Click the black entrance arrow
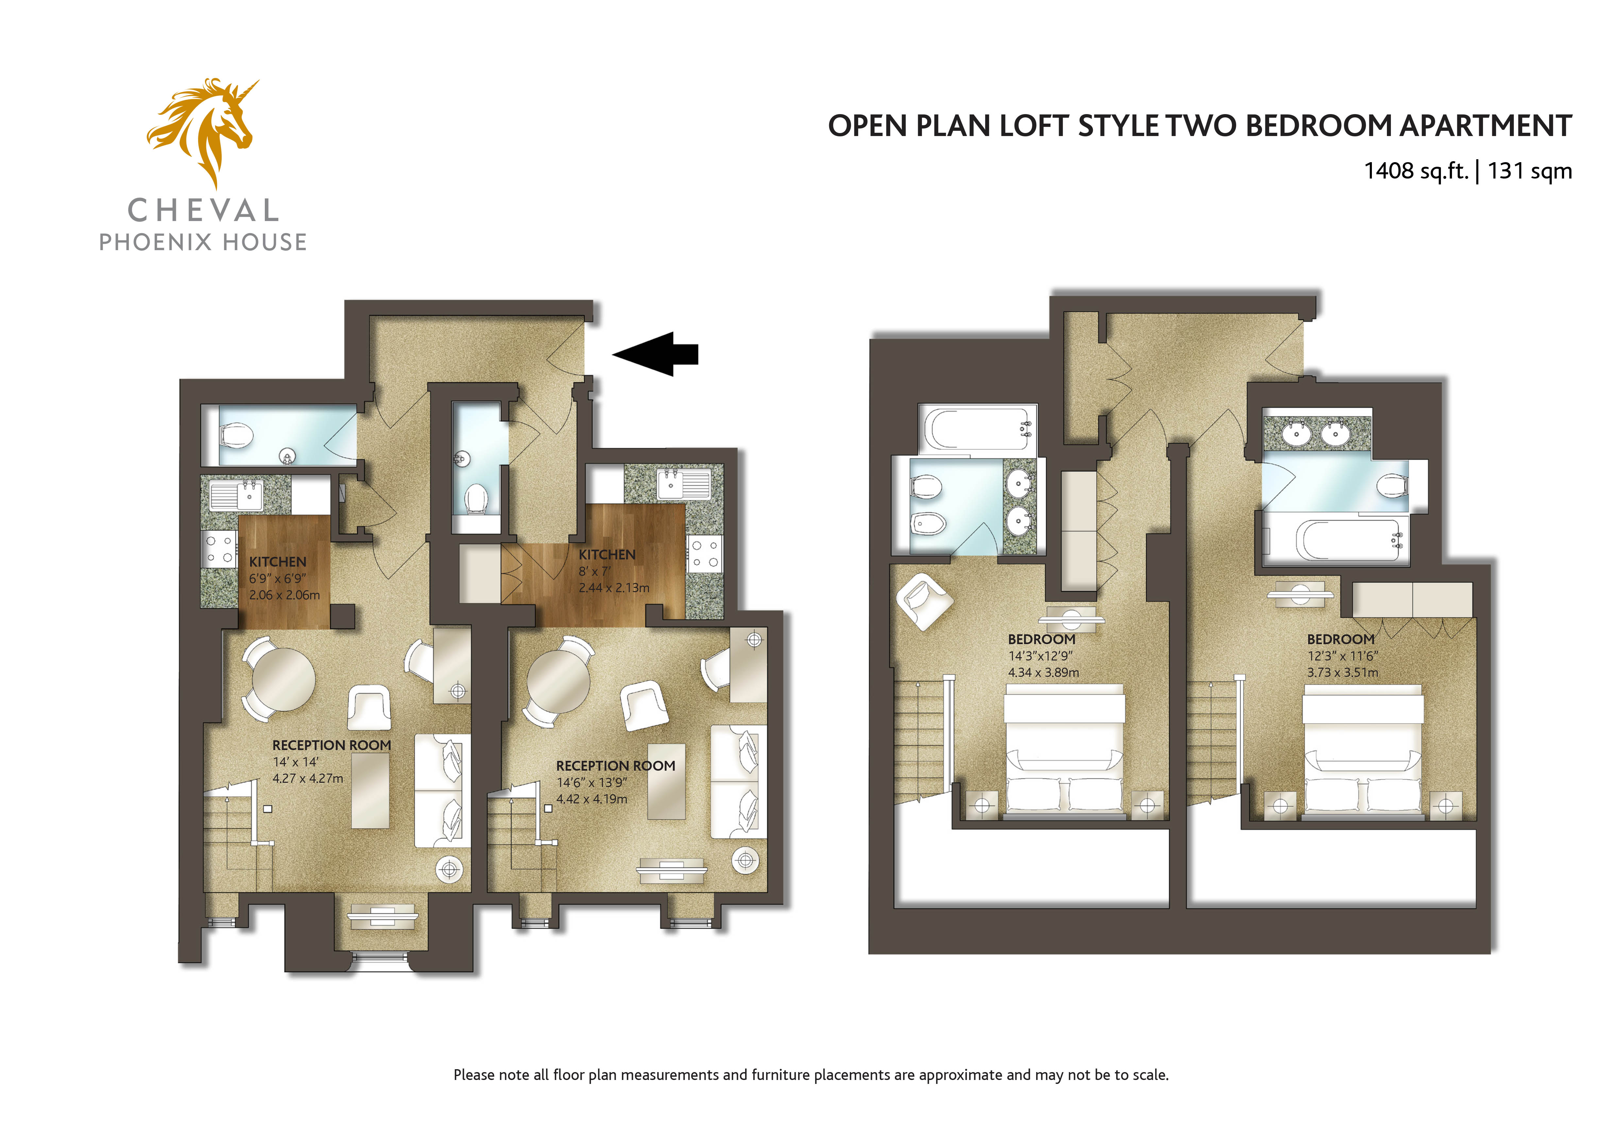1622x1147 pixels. [655, 354]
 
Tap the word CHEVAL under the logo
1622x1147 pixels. [203, 211]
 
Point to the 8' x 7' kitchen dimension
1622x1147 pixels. [595, 571]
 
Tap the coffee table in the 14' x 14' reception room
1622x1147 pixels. [370, 790]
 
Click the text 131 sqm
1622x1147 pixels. [1529, 171]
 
